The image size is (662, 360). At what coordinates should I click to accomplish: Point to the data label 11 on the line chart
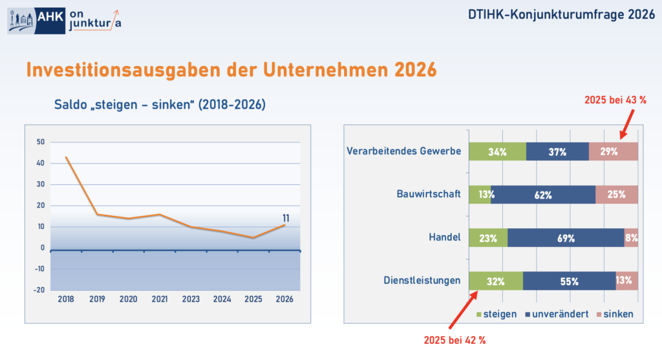pyautogui.click(x=284, y=218)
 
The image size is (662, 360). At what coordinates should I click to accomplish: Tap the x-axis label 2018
pyautogui.click(x=65, y=299)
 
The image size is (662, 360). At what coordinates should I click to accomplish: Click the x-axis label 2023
pyautogui.click(x=191, y=299)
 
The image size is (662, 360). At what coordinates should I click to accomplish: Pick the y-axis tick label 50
pyautogui.click(x=41, y=142)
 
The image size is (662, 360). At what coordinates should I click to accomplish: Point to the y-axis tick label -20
pyautogui.click(x=39, y=290)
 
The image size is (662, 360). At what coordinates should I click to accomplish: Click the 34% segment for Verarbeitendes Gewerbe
pyautogui.click(x=497, y=152)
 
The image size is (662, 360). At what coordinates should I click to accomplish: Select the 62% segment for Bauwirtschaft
pyautogui.click(x=543, y=195)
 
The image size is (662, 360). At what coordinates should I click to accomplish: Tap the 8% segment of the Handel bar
pyautogui.click(x=631, y=238)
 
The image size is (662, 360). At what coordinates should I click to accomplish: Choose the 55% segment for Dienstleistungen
pyautogui.click(x=569, y=281)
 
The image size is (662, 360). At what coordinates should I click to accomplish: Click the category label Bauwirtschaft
pyautogui.click(x=429, y=194)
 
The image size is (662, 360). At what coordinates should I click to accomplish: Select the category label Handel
pyautogui.click(x=445, y=237)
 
